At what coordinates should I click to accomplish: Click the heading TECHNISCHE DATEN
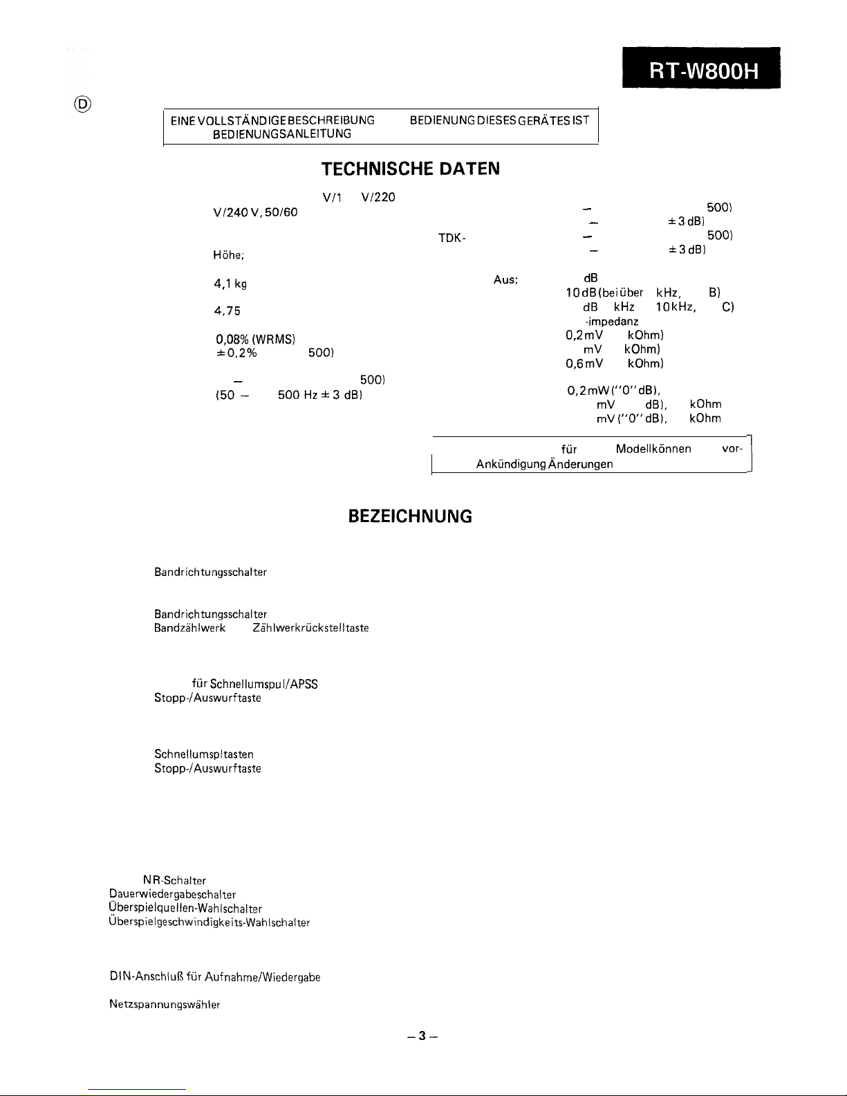pyautogui.click(x=411, y=169)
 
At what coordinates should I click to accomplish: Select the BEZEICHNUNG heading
pyautogui.click(x=411, y=517)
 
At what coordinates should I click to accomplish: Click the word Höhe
pyautogui.click(x=228, y=255)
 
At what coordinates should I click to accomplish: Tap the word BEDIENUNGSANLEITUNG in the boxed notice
pyautogui.click(x=281, y=133)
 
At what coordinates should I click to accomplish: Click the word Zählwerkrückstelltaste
pyautogui.click(x=310, y=628)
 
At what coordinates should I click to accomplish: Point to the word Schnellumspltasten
pyautogui.click(x=204, y=754)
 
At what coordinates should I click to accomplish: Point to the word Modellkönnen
pyautogui.click(x=653, y=449)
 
